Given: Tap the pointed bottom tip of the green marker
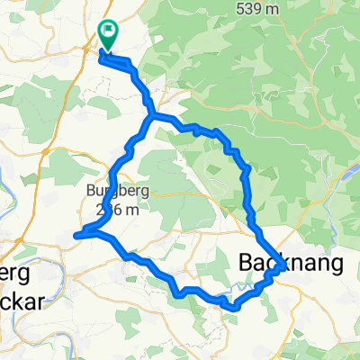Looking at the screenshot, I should (x=108, y=49).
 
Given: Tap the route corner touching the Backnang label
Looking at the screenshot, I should (x=282, y=267).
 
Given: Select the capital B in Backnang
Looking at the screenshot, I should (x=248, y=263).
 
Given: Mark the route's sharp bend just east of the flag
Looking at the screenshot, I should (x=132, y=63).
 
